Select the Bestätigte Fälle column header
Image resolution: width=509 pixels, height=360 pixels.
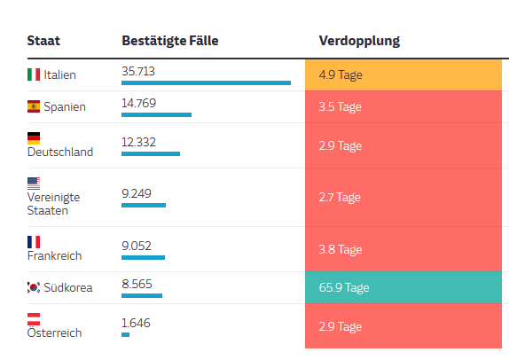(169, 41)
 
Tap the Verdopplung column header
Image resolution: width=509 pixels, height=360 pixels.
(358, 41)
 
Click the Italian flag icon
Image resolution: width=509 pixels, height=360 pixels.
(34, 74)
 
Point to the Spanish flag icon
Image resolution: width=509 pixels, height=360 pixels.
(34, 107)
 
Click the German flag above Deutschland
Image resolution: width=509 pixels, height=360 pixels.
(34, 138)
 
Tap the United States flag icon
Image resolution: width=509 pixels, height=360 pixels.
(34, 184)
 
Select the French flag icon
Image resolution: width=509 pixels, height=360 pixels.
(34, 241)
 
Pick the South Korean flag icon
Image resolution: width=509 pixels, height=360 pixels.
(34, 287)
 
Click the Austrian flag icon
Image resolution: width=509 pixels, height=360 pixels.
(34, 318)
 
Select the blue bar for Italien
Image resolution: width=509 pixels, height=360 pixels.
(206, 82)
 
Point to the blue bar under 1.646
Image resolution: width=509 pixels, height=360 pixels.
(125, 334)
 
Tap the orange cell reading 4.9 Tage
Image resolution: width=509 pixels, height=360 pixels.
(403, 74)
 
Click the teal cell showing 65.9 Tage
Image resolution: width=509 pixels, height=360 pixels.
(403, 287)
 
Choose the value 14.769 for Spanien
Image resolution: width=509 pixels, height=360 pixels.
(138, 102)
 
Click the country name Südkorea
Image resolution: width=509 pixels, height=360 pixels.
(66, 287)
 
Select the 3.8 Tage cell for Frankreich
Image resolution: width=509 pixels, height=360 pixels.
(403, 249)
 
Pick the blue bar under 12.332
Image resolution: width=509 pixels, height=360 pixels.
(150, 153)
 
